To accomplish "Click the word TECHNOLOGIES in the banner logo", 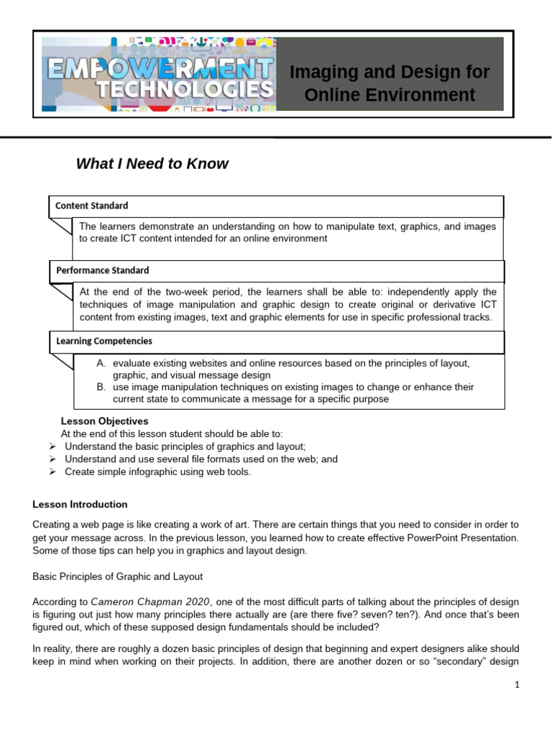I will tap(177, 91).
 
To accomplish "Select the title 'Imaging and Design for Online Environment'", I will tap(389, 83).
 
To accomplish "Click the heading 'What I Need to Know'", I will tap(152, 164).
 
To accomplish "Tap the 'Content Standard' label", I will tap(92, 206).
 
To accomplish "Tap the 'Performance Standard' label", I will tap(103, 271).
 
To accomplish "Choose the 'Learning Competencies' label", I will tap(104, 341).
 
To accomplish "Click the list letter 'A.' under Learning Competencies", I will tap(101, 364).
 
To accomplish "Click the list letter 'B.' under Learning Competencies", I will tap(101, 387).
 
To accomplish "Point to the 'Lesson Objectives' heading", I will tap(104, 421).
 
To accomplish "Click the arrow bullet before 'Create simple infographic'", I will tap(52, 471).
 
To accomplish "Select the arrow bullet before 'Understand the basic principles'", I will tap(52, 446).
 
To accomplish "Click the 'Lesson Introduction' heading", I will tap(80, 505).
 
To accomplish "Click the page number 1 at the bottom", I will tap(517, 685).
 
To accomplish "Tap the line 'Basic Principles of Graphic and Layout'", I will tap(118, 576).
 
